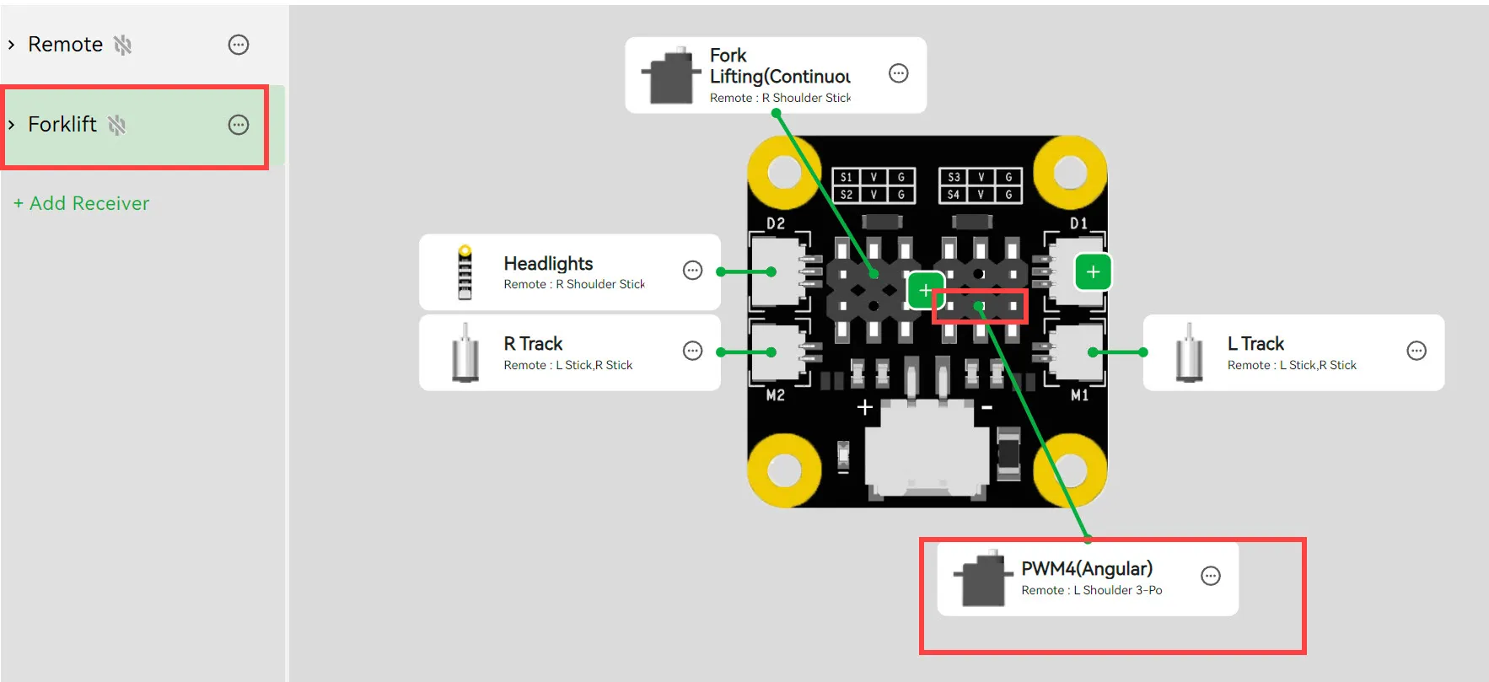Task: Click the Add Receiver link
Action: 81,203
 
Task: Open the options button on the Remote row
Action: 239,45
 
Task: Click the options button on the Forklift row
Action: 239,125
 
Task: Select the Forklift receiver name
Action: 62,125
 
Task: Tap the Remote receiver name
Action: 65,45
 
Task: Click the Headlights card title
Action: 548,264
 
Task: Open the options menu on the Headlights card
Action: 692,271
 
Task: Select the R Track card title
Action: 533,344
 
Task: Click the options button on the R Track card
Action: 692,351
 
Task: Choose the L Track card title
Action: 1255,344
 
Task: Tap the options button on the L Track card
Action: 1416,351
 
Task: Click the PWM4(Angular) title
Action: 1087,569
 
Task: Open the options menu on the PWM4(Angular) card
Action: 1211,576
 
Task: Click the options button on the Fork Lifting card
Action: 899,73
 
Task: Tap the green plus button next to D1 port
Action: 1093,271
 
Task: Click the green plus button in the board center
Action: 925,291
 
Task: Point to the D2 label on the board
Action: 776,223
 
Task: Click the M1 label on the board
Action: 1079,395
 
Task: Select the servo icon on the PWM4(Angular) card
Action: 982,578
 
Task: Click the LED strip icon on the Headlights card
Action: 465,272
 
